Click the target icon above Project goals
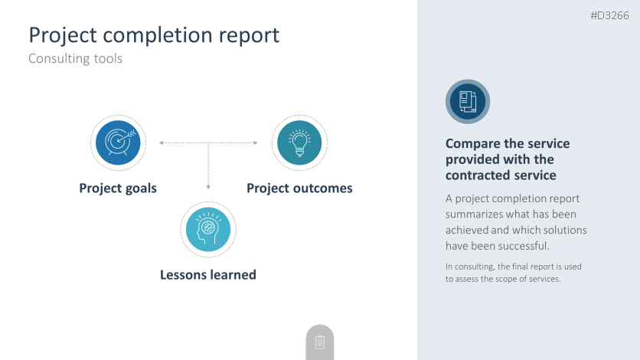pyautogui.click(x=118, y=143)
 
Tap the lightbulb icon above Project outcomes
pyautogui.click(x=299, y=143)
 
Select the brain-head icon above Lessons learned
pyautogui.click(x=208, y=229)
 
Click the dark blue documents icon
pyautogui.click(x=468, y=102)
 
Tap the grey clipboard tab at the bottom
pyautogui.click(x=320, y=342)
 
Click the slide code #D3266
pyautogui.click(x=610, y=15)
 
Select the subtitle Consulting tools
pyautogui.click(x=76, y=58)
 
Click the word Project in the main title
pyautogui.click(x=63, y=35)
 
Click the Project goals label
pyautogui.click(x=118, y=188)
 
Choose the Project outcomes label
pyautogui.click(x=299, y=188)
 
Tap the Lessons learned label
pyautogui.click(x=208, y=275)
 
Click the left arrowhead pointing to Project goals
pyautogui.click(x=162, y=143)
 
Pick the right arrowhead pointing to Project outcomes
pyautogui.click(x=256, y=143)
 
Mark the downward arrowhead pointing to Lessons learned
pyautogui.click(x=208, y=188)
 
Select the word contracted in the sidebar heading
pyautogui.click(x=472, y=175)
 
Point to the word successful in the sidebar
pyautogui.click(x=529, y=246)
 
